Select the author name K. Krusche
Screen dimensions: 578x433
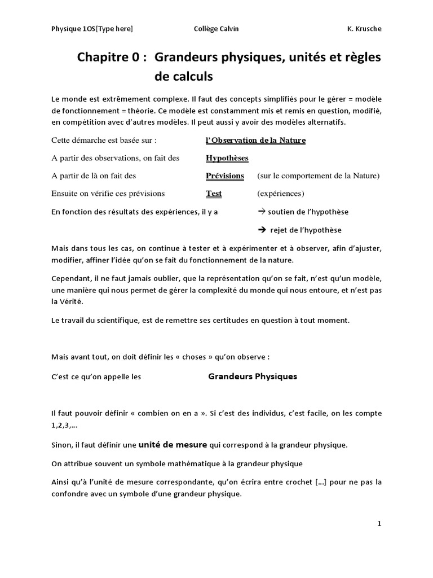click(364, 29)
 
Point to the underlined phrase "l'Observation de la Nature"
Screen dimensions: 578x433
click(255, 141)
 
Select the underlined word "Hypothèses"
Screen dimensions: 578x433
click(227, 158)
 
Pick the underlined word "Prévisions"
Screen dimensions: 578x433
click(225, 176)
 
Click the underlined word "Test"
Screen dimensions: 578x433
click(214, 194)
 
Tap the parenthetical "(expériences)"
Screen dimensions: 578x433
click(280, 194)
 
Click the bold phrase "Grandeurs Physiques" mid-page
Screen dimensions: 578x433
click(253, 376)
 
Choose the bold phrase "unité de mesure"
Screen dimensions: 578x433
click(173, 444)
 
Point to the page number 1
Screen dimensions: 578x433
click(379, 523)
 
